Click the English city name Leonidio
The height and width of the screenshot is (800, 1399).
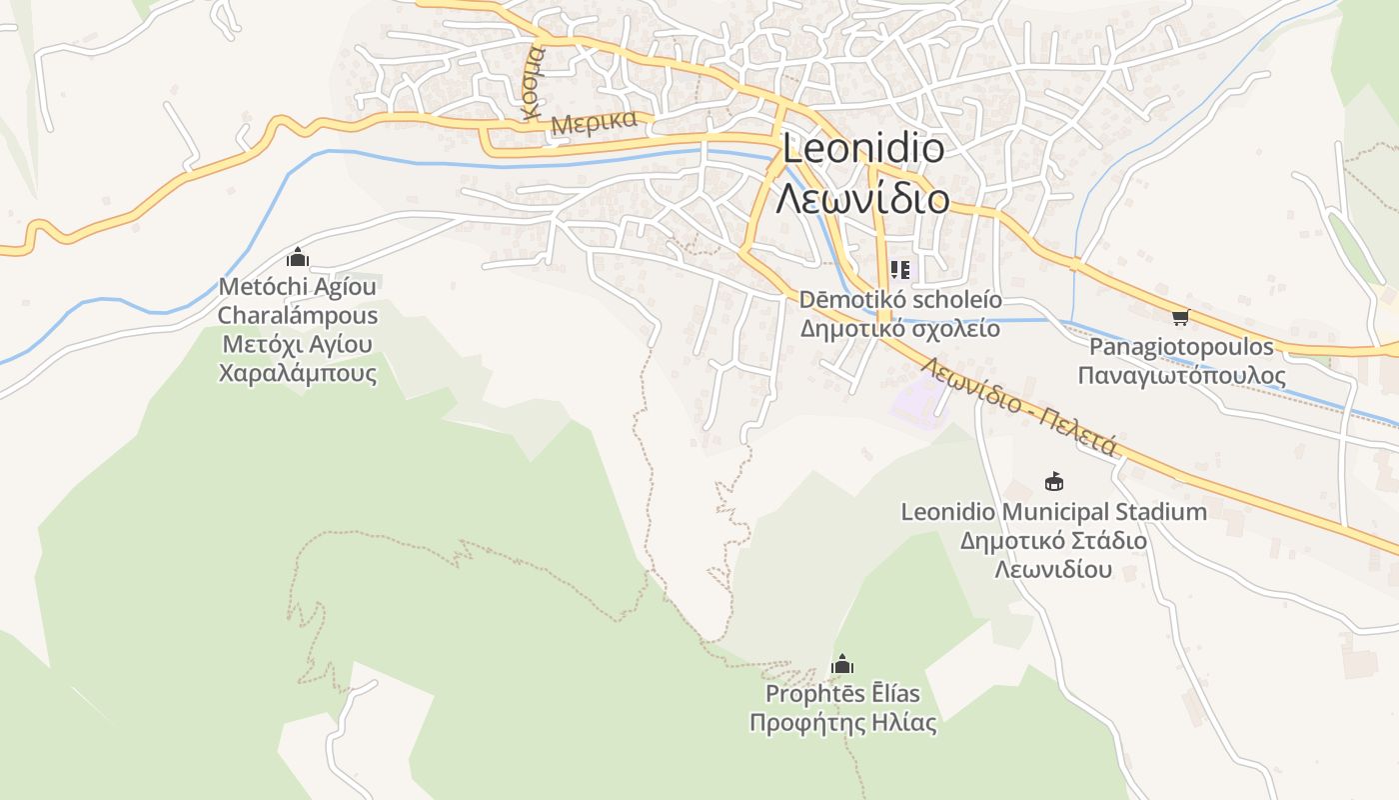click(x=862, y=149)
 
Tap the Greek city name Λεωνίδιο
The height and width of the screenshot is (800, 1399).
click(x=862, y=199)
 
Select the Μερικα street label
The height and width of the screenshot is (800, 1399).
click(x=594, y=123)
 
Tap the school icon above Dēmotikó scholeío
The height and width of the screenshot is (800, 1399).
click(x=900, y=270)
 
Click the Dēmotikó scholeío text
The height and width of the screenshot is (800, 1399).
click(x=900, y=300)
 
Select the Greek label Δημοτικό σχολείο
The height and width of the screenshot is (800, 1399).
click(x=900, y=328)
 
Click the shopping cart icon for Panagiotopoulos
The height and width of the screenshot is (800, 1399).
click(x=1180, y=318)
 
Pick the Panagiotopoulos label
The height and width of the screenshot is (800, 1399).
click(x=1181, y=347)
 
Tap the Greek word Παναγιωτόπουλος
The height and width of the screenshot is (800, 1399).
click(x=1181, y=375)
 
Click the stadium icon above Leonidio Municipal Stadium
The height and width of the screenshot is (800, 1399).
click(x=1053, y=482)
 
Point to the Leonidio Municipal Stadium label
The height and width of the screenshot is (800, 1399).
click(x=1053, y=512)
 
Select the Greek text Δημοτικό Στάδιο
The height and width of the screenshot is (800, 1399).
click(x=1053, y=541)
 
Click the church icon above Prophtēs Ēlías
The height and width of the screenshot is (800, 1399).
click(x=842, y=664)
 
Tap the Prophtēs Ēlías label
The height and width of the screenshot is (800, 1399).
click(x=842, y=693)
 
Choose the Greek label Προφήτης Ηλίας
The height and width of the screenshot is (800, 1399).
click(x=842, y=722)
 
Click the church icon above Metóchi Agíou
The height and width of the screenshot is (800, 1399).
click(x=298, y=258)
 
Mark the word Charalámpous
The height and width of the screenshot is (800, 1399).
click(x=298, y=316)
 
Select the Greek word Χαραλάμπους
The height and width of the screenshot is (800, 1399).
click(x=298, y=374)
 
